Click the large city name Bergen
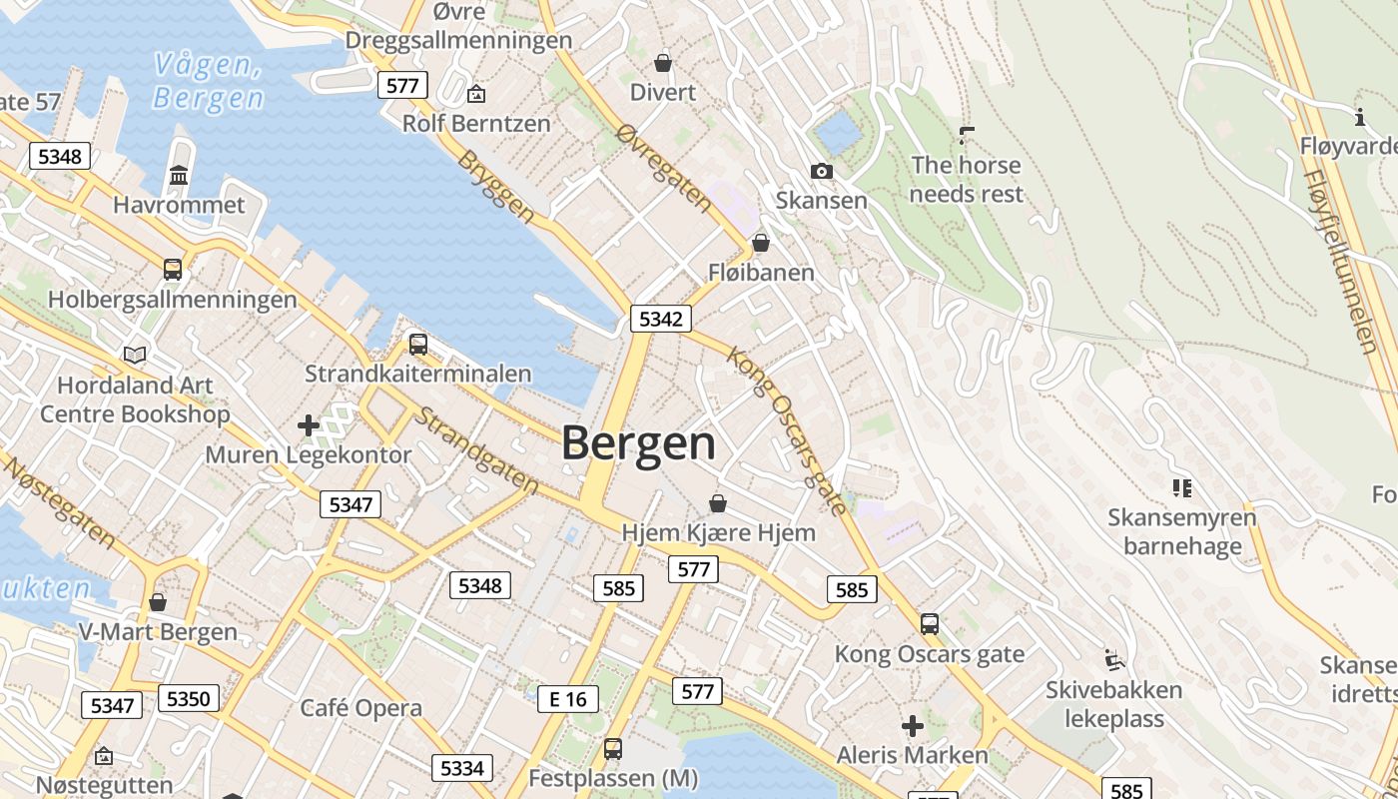639,443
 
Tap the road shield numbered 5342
661,320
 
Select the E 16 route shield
568,699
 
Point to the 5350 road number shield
188,698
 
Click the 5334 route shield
461,767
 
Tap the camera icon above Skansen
822,172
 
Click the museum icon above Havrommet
179,176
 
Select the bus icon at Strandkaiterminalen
418,345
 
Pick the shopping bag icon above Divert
662,64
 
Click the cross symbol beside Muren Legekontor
309,425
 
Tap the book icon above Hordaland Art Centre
135,355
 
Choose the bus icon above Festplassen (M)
612,748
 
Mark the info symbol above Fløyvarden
1360,118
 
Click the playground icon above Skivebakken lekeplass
1114,660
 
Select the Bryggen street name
496,186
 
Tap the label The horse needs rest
967,179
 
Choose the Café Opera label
361,708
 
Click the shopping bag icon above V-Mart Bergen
158,602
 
